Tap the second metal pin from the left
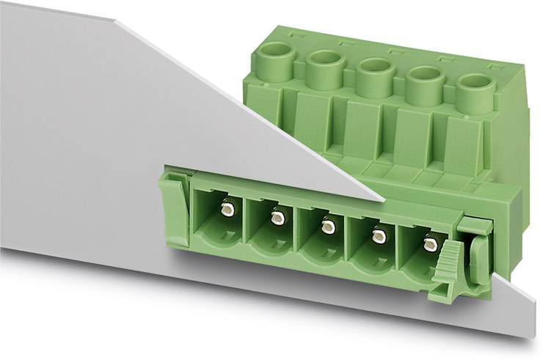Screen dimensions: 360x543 (x=277, y=218)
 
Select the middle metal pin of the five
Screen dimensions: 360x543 (x=327, y=227)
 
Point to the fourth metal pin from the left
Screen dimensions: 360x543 (x=379, y=235)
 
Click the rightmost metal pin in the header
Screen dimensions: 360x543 (x=431, y=244)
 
